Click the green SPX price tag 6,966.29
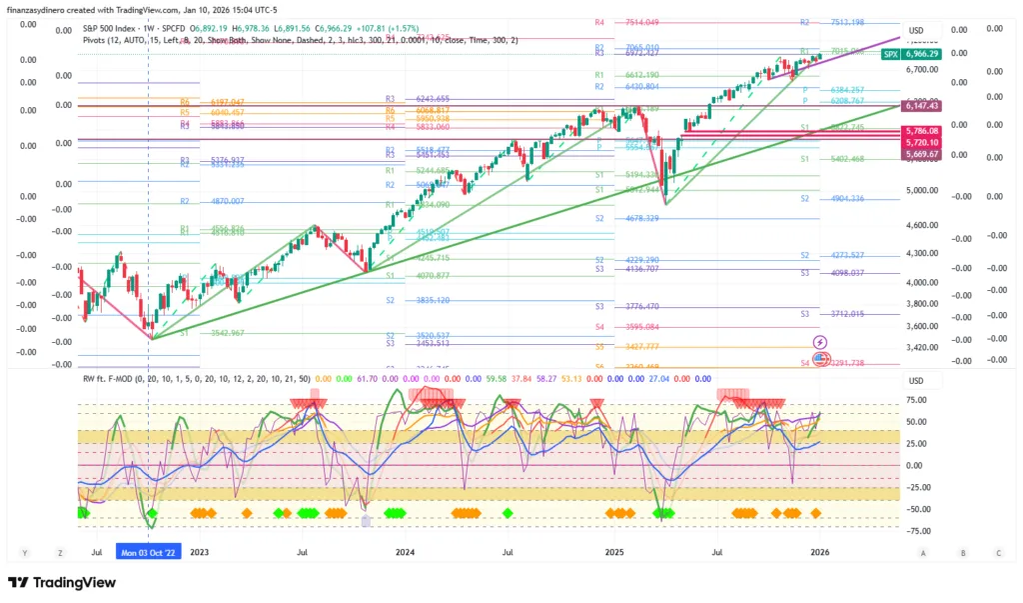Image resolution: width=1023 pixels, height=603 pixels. [922, 53]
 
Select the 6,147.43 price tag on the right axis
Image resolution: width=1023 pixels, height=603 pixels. [922, 105]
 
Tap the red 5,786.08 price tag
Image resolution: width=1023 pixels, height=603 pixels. [922, 131]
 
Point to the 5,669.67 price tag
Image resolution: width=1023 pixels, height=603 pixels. [922, 154]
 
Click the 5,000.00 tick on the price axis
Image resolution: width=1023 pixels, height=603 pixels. [922, 190]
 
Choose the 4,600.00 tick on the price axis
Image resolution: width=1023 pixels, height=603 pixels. [922, 226]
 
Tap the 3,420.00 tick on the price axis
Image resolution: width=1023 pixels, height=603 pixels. [922, 347]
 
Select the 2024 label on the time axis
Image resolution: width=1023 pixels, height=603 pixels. [405, 552]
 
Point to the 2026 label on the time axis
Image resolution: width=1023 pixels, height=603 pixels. [819, 552]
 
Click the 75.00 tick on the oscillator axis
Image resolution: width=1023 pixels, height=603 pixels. [916, 401]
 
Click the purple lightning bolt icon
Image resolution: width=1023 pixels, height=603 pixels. [820, 343]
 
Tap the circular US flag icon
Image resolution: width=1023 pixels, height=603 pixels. [821, 358]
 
